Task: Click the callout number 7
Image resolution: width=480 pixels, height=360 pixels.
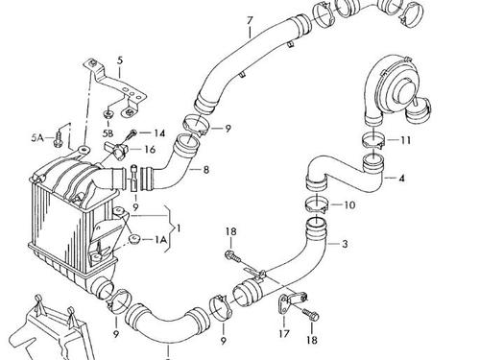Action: click(x=250, y=20)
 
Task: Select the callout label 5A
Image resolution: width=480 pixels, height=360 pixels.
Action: click(x=37, y=138)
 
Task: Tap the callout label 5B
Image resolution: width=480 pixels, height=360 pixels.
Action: click(x=108, y=132)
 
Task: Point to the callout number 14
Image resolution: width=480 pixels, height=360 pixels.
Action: click(x=159, y=132)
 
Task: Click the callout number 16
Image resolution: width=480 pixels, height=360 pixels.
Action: click(x=150, y=150)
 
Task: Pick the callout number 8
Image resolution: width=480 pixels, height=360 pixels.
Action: click(x=206, y=170)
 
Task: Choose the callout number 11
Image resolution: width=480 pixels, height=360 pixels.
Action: click(x=405, y=140)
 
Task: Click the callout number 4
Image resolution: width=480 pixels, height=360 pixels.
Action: click(x=401, y=179)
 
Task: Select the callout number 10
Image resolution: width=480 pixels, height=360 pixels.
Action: click(x=349, y=204)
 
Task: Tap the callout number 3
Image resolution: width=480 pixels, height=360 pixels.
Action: click(x=345, y=244)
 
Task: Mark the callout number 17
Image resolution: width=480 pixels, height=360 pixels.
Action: click(x=284, y=334)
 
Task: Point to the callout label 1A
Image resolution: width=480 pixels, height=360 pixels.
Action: click(x=161, y=239)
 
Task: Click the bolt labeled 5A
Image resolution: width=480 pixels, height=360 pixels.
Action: click(x=58, y=138)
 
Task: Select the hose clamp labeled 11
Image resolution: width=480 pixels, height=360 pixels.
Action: click(x=373, y=141)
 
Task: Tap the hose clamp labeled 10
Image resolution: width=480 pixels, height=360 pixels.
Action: click(x=316, y=204)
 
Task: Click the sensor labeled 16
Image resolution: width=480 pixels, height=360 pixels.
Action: click(x=116, y=151)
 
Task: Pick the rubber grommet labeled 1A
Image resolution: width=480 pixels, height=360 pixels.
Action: click(x=134, y=239)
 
